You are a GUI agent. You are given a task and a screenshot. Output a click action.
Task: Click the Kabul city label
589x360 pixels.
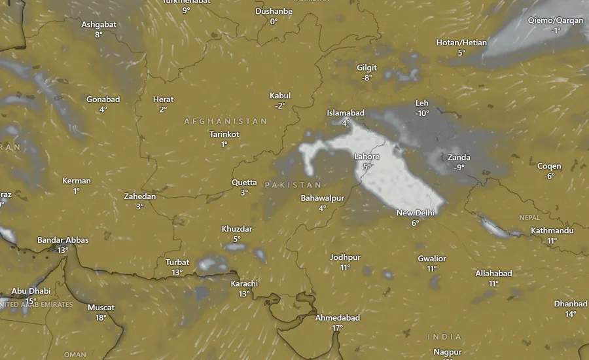pos(280,96)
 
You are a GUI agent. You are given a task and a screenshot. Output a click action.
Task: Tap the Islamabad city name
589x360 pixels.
pos(346,113)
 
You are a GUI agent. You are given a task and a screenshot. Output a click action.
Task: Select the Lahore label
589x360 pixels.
pos(366,156)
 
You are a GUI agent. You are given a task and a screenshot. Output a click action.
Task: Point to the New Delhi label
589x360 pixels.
pos(416,213)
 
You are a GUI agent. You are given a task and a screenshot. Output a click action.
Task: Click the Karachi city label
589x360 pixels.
pos(244,283)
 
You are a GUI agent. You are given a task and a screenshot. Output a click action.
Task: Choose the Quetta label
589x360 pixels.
pos(244,183)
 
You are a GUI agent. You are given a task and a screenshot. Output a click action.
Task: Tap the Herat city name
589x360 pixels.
pos(163,99)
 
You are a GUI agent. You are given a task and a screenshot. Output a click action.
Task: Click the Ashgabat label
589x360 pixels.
pos(99,24)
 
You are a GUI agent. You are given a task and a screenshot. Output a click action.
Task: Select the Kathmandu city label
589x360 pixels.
pos(552,230)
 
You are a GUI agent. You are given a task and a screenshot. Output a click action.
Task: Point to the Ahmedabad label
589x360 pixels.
pos(338,317)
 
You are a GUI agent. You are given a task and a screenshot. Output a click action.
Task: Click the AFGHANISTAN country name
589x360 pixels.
pos(226,121)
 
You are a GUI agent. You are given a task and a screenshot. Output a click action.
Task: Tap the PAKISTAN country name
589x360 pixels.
pos(293,185)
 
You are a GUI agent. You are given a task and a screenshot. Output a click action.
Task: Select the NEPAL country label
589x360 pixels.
pos(529,217)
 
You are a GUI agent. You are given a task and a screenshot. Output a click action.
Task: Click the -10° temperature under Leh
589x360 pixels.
pos(422,113)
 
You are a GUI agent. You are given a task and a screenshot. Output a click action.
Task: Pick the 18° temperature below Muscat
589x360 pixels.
pos(101,317)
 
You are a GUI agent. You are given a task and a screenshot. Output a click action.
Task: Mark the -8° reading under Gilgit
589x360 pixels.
pos(366,78)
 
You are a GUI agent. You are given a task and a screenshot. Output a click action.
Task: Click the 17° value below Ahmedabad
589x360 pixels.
pos(338,327)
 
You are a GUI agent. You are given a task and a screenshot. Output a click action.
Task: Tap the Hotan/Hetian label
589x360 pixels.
pos(461,43)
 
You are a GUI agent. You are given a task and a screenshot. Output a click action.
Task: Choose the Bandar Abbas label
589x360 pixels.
pos(62,240)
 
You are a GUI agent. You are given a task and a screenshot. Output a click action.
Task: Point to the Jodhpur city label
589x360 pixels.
pos(346,257)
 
